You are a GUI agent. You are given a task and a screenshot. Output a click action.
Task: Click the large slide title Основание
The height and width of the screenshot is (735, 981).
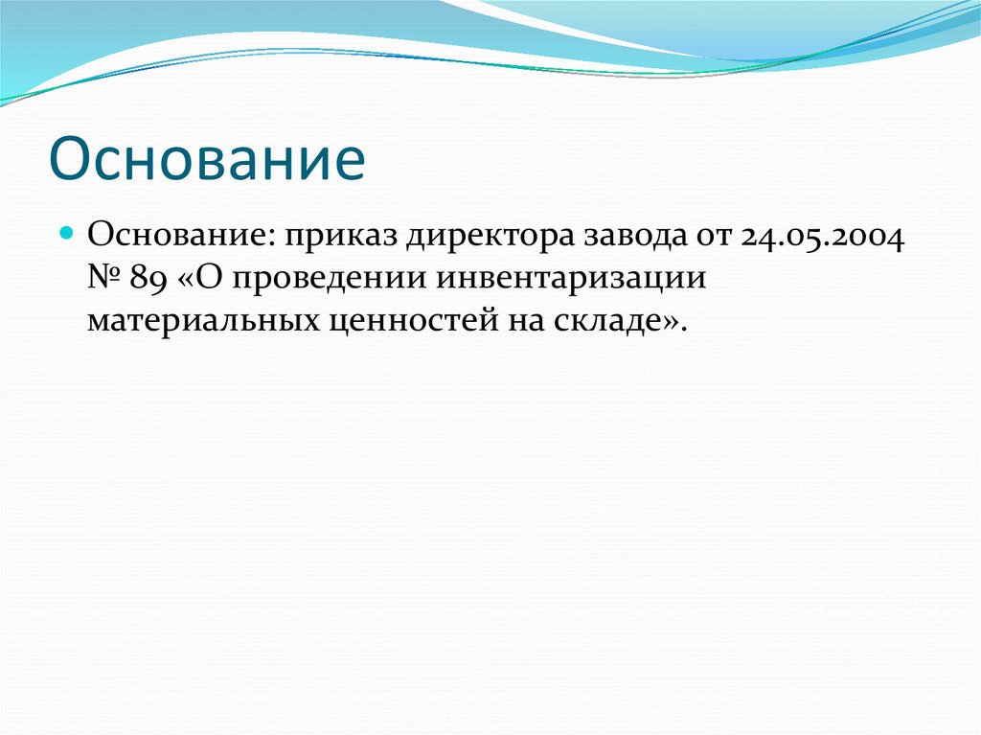point(207,159)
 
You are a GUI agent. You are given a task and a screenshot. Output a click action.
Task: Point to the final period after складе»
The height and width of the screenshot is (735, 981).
point(683,329)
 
